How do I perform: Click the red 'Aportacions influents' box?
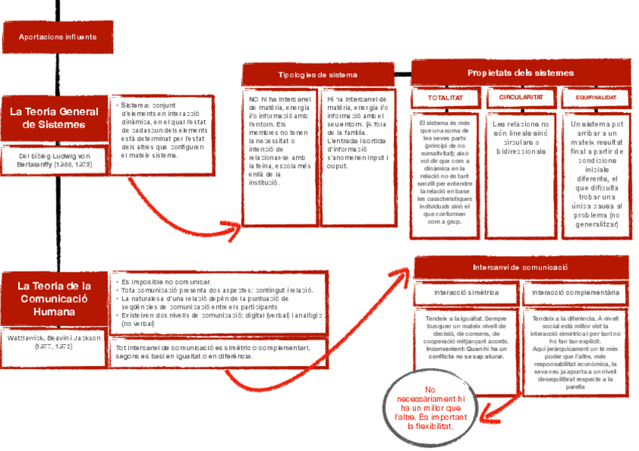58,37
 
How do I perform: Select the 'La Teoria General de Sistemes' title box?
54,118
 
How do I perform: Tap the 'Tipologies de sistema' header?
317,75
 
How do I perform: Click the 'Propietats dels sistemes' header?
520,73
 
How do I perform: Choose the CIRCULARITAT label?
521,99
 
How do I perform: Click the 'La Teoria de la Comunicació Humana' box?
54,298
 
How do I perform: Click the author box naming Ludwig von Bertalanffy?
54,162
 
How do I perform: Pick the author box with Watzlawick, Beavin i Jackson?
54,343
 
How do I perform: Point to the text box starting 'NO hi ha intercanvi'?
280,143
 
